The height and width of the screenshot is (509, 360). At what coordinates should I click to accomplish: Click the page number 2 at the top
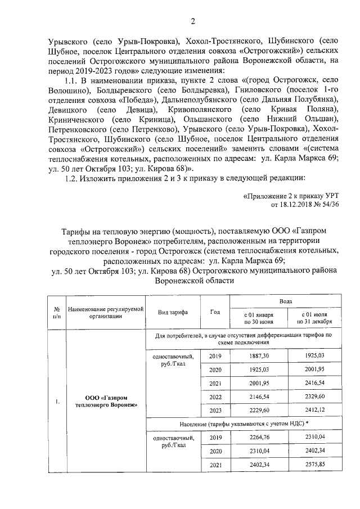coord(193,22)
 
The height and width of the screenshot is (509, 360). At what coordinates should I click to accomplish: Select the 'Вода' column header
coord(285,301)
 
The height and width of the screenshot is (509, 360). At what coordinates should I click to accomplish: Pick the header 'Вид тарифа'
coord(173,312)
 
